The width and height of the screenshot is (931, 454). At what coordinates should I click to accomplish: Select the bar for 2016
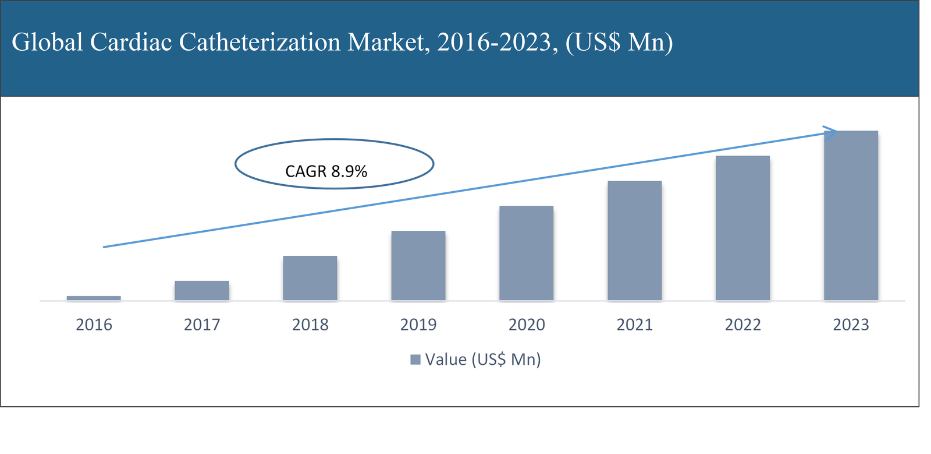pos(94,298)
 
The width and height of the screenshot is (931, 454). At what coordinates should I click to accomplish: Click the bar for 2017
pos(202,290)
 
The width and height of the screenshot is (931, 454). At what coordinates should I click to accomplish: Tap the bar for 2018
pos(310,278)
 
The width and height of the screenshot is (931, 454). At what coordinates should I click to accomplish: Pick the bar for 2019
pos(418,266)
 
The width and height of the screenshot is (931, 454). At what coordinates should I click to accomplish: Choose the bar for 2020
pos(527,253)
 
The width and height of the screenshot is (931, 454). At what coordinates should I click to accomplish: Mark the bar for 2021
pos(635,241)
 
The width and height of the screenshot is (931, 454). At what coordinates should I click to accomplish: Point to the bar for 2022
pos(743,228)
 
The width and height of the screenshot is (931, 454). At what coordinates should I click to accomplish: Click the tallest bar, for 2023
pos(851,216)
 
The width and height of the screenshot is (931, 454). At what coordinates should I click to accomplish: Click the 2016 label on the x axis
pos(94,325)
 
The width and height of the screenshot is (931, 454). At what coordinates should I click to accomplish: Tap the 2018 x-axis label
pos(310,325)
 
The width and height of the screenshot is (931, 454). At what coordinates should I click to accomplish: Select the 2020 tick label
pos(527,325)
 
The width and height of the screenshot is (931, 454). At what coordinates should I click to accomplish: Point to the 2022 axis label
pos(743,325)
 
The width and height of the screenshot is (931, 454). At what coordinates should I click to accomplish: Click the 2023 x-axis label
pos(851,325)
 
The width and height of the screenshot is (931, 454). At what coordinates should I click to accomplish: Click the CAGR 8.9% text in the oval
pos(326,171)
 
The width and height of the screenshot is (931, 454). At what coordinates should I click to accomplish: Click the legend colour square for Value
pos(415,360)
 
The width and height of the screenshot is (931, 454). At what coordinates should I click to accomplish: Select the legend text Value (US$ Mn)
pos(483,360)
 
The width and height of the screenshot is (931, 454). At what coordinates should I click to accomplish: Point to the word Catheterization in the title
pos(260,42)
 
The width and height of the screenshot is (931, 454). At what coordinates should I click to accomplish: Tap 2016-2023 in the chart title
pos(493,42)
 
